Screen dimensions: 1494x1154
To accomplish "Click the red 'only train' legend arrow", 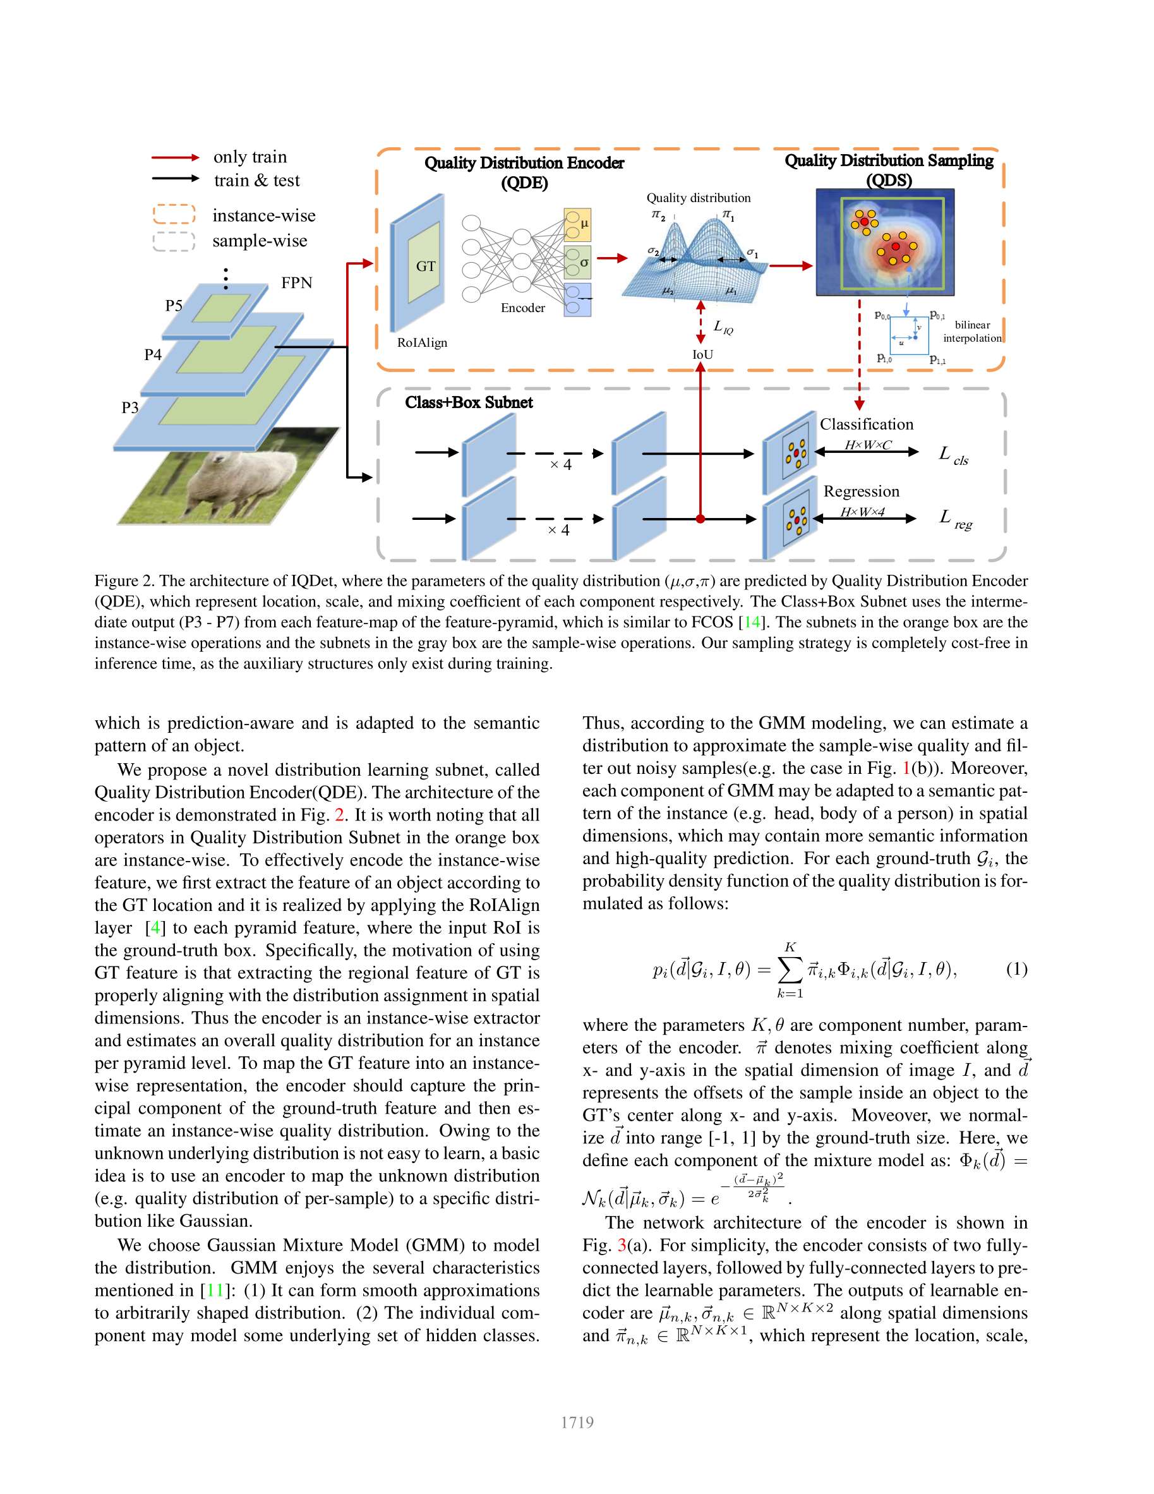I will (175, 157).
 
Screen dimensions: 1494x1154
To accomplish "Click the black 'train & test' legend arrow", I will (175, 179).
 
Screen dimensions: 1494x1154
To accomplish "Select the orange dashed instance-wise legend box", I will (174, 214).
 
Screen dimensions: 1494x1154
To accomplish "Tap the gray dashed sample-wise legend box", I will (174, 241).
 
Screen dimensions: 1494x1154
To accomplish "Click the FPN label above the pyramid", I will (296, 282).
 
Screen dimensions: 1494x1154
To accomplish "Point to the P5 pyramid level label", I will (174, 305).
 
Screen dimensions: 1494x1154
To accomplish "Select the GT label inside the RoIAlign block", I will (425, 266).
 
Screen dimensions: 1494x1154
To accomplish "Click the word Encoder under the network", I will (522, 308).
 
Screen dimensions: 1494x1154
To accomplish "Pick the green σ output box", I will (577, 262).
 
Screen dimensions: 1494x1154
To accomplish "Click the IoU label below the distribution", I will (702, 354).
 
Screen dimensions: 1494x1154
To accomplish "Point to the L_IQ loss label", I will (723, 327).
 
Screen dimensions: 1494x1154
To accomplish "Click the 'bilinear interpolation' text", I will (972, 331).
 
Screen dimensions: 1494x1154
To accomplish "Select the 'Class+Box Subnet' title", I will (469, 402).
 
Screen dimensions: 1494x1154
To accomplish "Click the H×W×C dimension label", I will (867, 445).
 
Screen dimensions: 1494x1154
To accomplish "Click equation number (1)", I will (1016, 968).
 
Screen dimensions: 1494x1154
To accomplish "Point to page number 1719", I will (577, 1422).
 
